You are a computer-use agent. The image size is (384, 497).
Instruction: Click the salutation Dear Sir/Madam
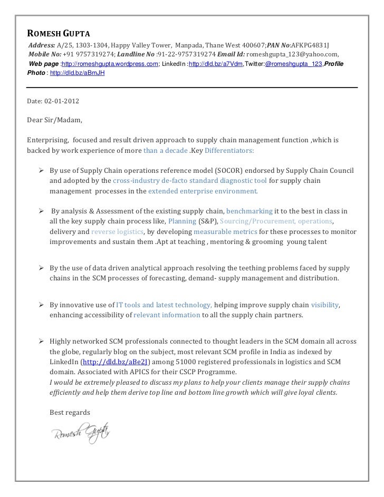[54, 120]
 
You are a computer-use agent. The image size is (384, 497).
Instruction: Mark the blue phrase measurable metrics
[225, 231]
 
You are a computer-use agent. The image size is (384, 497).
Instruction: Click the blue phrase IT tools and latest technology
[164, 305]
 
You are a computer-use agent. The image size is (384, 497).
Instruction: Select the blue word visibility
[325, 305]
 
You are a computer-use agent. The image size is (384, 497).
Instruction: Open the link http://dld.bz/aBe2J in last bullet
[115, 362]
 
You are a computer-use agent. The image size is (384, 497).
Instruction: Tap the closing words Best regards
[70, 412]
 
